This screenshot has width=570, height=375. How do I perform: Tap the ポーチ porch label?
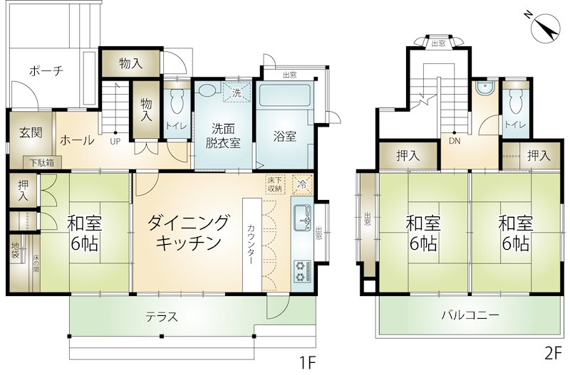(46, 70)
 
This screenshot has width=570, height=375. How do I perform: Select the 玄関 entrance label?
(31, 133)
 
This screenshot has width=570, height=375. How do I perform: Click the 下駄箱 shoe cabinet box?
(42, 163)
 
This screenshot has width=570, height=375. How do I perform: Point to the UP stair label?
(115, 142)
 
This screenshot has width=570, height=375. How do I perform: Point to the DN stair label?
(455, 142)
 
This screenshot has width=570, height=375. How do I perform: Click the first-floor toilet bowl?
(177, 101)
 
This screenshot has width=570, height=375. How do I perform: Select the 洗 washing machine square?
(237, 93)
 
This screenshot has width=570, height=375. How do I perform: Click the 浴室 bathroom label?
(285, 137)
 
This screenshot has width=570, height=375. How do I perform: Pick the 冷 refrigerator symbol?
(302, 184)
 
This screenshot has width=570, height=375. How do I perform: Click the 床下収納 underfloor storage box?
(275, 184)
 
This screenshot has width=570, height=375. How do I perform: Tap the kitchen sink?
(301, 218)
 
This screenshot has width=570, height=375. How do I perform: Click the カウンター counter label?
(252, 244)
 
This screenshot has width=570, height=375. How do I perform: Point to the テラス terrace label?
(162, 317)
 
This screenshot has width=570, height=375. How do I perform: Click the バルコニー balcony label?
(470, 315)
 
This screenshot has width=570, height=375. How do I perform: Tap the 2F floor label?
(554, 354)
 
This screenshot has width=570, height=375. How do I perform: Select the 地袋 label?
(15, 249)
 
